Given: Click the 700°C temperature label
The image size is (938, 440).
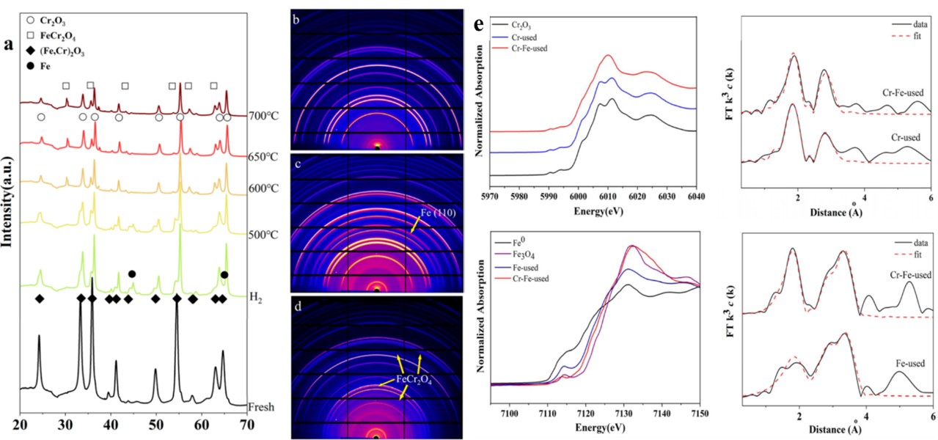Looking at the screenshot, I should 263,115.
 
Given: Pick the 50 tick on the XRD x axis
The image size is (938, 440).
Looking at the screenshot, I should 156,425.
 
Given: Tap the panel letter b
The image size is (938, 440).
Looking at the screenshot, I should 296,18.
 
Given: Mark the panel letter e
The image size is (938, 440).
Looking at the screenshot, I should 478,24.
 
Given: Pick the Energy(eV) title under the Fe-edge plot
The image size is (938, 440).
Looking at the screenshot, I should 594,410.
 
